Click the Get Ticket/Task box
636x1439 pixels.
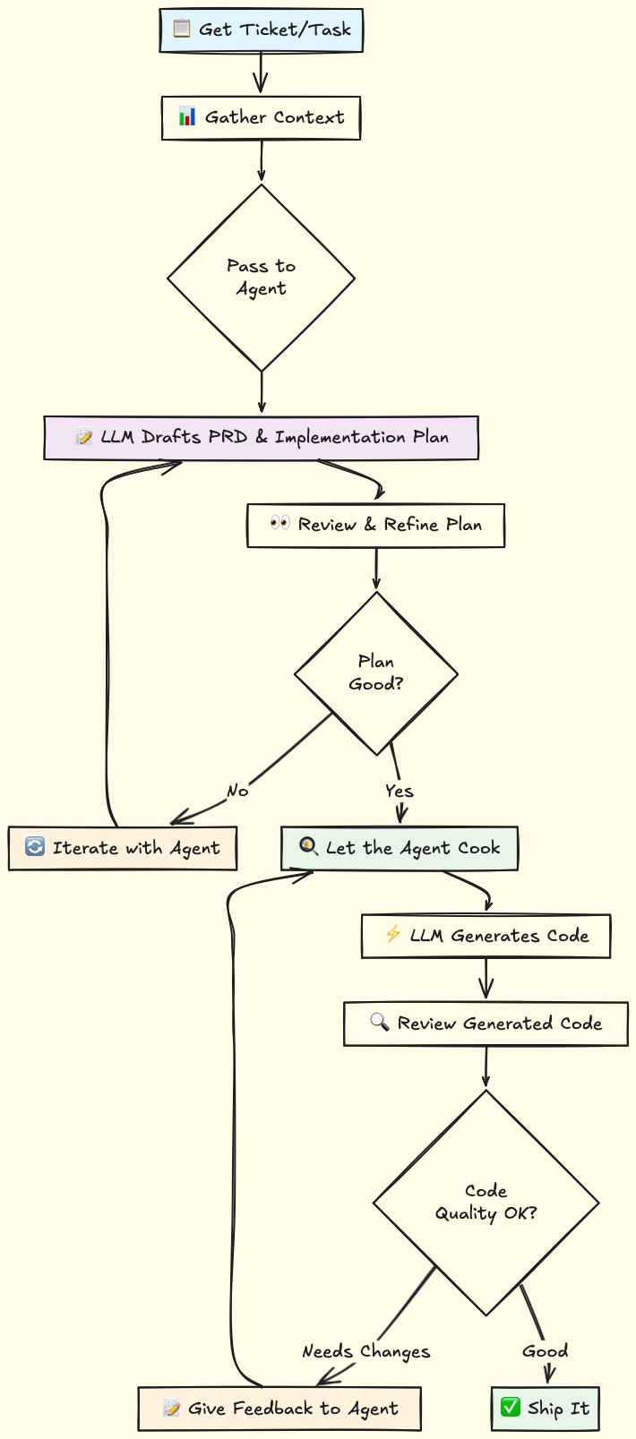pos(261,30)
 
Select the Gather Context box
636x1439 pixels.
pos(261,117)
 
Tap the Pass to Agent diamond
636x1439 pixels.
pos(261,278)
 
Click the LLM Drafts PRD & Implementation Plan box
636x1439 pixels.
pos(261,438)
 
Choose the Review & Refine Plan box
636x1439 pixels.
pos(375,525)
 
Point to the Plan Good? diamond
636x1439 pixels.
pos(376,673)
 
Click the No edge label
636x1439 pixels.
pos(237,791)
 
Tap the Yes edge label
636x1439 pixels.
pos(400,791)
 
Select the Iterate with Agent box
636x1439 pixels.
pos(123,848)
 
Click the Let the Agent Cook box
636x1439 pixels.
pos(400,848)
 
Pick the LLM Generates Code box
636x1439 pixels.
pos(486,937)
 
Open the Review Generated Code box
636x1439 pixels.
pos(486,1024)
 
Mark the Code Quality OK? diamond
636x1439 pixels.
pos(486,1203)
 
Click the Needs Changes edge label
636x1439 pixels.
pos(365,1351)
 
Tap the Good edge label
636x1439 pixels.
pos(545,1351)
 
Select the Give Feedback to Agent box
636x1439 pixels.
pos(279,1409)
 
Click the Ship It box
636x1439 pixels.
pos(545,1409)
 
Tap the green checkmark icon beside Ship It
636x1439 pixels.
pos(511,1408)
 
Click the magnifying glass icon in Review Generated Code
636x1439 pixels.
pos(379,1022)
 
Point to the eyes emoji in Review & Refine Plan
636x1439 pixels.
pos(280,523)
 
